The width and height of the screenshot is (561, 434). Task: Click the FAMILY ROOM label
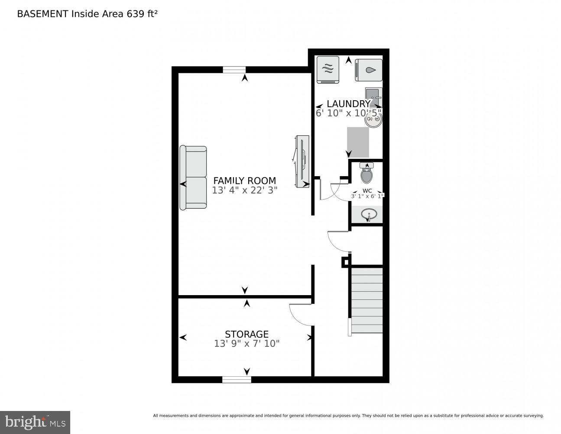pyautogui.click(x=244, y=181)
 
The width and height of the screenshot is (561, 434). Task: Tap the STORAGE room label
pyautogui.click(x=246, y=334)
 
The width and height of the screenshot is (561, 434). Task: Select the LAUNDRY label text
pyautogui.click(x=348, y=104)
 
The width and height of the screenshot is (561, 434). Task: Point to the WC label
pyautogui.click(x=367, y=191)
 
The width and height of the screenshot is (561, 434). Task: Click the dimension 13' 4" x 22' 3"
pyautogui.click(x=244, y=190)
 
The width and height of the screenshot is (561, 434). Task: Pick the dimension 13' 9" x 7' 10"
pyautogui.click(x=246, y=344)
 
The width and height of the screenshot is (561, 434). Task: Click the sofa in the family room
pyautogui.click(x=193, y=178)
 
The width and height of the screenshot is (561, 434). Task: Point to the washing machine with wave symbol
pyautogui.click(x=328, y=69)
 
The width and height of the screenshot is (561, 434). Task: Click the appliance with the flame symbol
pyautogui.click(x=369, y=70)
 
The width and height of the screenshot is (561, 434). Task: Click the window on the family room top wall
pyautogui.click(x=234, y=69)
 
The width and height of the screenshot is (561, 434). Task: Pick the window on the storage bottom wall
pyautogui.click(x=237, y=380)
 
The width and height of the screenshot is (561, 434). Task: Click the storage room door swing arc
pyautogui.click(x=299, y=315)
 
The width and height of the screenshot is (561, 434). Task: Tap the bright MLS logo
pyautogui.click(x=35, y=422)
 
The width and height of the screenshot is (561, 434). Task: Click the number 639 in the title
pyautogui.click(x=135, y=14)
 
